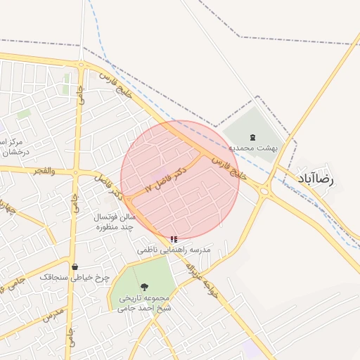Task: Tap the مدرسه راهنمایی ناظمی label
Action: click(x=174, y=250)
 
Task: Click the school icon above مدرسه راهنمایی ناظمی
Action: click(x=174, y=239)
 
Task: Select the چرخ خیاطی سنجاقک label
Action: click(x=75, y=278)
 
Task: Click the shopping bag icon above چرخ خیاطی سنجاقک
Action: click(x=75, y=266)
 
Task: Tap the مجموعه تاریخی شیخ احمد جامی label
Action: click(x=145, y=302)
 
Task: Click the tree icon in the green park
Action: click(x=145, y=287)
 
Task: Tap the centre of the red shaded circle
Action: click(x=180, y=180)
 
